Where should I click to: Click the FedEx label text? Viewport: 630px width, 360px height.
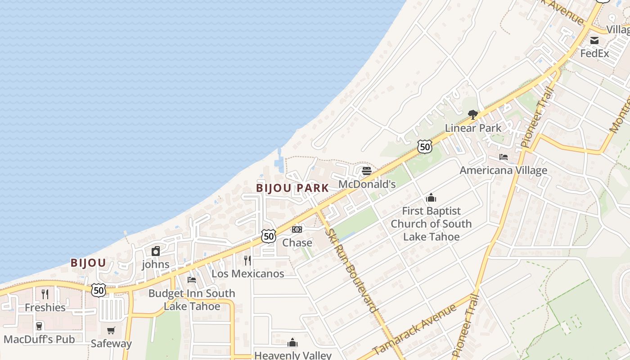point(594,54)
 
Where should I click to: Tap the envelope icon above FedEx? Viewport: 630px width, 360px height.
point(594,40)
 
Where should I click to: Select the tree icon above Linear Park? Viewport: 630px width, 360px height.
point(472,115)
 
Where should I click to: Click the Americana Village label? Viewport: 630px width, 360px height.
point(503,171)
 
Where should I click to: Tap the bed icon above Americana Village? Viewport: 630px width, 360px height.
point(504,157)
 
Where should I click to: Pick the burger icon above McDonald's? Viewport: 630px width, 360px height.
point(367,171)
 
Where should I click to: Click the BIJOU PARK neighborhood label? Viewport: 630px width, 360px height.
point(292,188)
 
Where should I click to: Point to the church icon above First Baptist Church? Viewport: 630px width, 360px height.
point(431,198)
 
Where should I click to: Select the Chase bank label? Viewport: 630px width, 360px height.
point(297,243)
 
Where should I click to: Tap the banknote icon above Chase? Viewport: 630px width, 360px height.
point(297,229)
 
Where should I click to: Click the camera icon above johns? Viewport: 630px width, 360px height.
point(156,251)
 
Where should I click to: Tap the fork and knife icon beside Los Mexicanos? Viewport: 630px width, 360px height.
point(247,260)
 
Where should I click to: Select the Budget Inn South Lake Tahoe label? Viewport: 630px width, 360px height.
point(192,300)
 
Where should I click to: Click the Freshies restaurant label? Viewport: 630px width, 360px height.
point(45,308)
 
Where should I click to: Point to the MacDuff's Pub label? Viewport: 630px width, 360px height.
point(39,339)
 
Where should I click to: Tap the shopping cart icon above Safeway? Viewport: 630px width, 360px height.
point(111,330)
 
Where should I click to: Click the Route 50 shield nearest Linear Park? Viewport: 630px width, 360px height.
point(424,146)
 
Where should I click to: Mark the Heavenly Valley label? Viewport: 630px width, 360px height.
point(292,355)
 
